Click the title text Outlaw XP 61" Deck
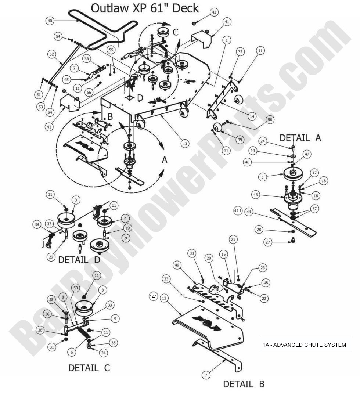tap(145, 8)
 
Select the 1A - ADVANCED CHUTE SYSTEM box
tap(304, 345)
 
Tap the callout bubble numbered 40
tap(50, 21)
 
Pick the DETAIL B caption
tap(244, 384)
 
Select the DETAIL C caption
tap(89, 367)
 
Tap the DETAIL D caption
tap(79, 259)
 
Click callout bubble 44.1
tap(238, 210)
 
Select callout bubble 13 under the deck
tap(185, 144)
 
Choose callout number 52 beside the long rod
tap(51, 54)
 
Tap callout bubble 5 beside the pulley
tap(262, 177)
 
